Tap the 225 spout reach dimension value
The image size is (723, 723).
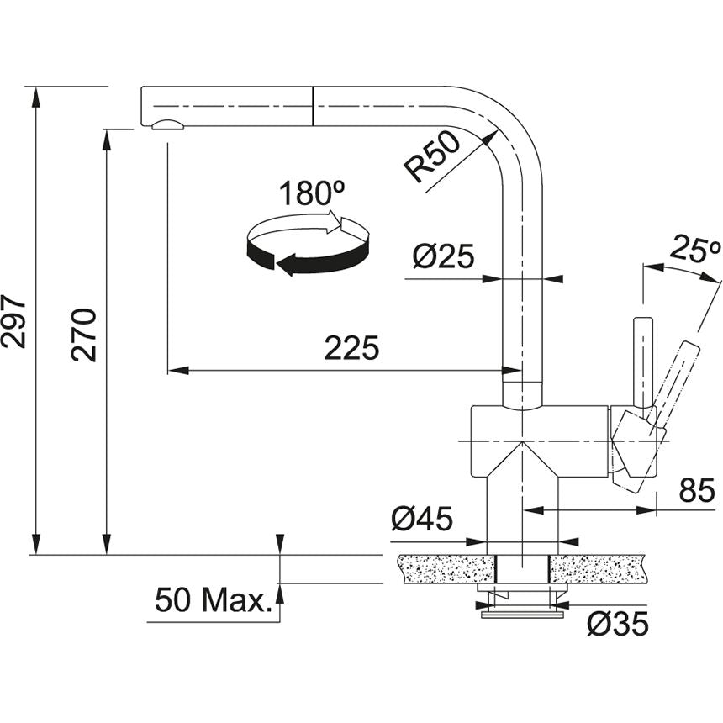(352, 348)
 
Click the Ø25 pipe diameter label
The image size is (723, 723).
(444, 257)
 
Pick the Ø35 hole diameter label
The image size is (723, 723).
(618, 623)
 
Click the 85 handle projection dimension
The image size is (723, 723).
(696, 490)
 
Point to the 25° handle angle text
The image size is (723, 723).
(696, 248)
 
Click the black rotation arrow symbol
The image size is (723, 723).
(308, 247)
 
